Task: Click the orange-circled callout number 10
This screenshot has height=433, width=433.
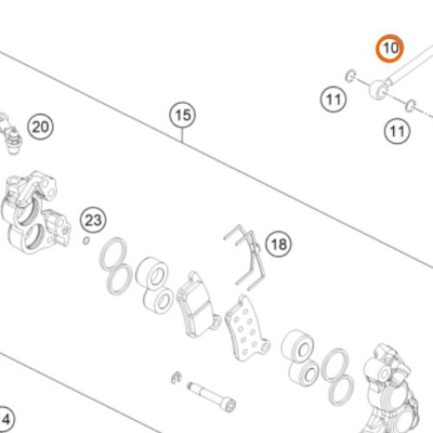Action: (x=389, y=48)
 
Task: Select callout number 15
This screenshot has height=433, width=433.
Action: (x=183, y=115)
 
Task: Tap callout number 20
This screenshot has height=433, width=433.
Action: (x=41, y=126)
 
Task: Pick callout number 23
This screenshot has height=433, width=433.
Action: (x=93, y=220)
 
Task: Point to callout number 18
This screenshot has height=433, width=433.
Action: (x=279, y=244)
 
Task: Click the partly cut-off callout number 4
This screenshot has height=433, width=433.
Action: (x=5, y=419)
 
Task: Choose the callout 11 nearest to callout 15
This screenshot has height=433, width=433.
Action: (x=333, y=100)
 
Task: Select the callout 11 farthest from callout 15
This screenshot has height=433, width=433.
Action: (x=397, y=131)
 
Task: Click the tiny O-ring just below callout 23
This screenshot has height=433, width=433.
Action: (x=86, y=240)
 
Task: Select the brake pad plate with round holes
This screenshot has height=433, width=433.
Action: (x=248, y=329)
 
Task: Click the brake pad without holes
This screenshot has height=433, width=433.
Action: (x=197, y=305)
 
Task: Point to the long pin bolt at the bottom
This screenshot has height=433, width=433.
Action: (x=211, y=396)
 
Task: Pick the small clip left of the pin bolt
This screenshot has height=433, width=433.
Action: (x=176, y=378)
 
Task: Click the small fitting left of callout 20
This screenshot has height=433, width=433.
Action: (x=11, y=134)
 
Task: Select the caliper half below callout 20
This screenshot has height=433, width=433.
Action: (x=35, y=212)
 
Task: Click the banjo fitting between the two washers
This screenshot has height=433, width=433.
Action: (x=379, y=88)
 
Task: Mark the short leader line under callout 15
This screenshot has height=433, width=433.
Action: (x=183, y=135)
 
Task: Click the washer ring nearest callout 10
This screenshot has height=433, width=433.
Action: (x=350, y=75)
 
